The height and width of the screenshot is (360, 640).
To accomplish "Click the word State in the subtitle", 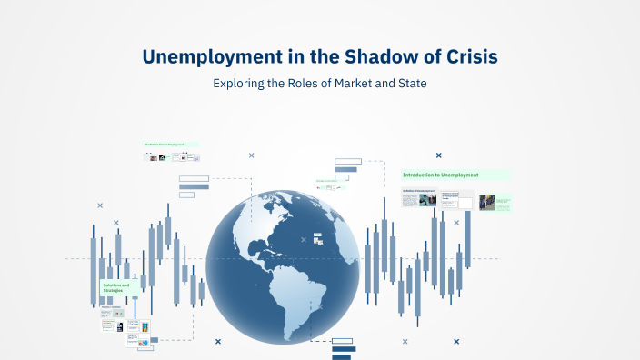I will click(409, 84).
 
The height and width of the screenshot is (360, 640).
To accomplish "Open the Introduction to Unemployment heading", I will click(442, 175).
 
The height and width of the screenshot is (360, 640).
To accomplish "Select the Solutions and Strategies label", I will click(115, 287).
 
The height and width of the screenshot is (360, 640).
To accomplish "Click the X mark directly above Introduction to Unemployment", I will click(439, 155).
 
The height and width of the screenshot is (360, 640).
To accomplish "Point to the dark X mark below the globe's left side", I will click(218, 342).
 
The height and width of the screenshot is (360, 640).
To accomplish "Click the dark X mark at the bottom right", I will click(456, 342).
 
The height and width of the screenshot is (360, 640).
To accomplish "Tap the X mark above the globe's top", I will click(252, 155).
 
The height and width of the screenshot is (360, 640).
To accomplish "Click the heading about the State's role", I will click(169, 145).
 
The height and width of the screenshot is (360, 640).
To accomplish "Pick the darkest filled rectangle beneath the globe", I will click(344, 356).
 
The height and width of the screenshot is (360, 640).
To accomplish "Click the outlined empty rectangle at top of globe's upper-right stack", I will click(347, 162).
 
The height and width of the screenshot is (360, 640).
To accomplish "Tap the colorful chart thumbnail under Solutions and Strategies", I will click(143, 326).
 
